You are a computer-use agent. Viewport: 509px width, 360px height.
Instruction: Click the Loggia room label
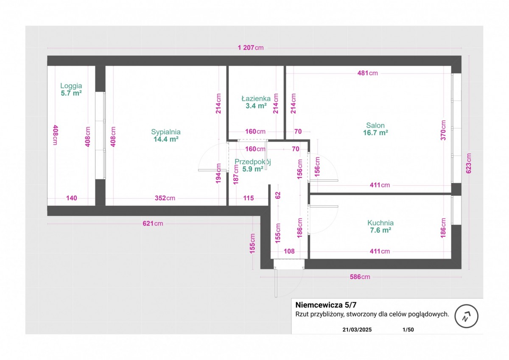click(71, 86)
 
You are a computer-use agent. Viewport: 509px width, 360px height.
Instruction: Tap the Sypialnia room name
click(166, 131)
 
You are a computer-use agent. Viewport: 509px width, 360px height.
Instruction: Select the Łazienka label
click(256, 99)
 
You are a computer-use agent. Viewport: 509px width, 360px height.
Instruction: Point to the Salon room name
click(375, 126)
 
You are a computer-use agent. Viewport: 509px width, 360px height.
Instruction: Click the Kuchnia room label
click(380, 223)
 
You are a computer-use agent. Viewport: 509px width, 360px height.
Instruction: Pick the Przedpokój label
click(253, 162)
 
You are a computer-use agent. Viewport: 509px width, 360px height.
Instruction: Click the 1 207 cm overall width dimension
click(250, 47)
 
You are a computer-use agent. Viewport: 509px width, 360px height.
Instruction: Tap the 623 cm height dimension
click(468, 163)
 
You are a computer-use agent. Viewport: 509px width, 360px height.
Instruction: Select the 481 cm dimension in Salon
click(367, 73)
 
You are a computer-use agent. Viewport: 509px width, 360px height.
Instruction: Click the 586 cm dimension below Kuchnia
click(360, 277)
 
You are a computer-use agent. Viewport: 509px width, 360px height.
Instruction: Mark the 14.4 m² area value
click(166, 139)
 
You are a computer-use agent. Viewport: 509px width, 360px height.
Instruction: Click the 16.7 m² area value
click(376, 133)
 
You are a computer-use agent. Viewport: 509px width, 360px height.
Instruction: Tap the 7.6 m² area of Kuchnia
click(380, 230)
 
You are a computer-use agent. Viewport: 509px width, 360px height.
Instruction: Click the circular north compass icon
click(466, 316)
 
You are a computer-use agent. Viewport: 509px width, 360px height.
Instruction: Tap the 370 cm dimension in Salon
click(443, 130)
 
